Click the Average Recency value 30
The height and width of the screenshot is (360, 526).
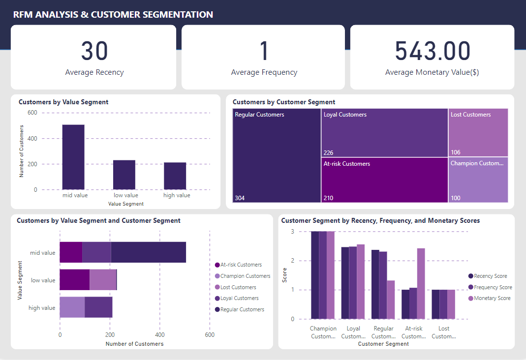click(x=94, y=51)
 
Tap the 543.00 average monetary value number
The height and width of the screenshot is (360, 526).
click(x=433, y=51)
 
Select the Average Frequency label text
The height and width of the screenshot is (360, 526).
click(x=264, y=72)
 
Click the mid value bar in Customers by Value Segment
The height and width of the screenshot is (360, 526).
click(x=73, y=157)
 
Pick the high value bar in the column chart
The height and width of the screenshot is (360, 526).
click(x=175, y=176)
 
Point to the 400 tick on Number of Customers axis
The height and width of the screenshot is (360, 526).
click(x=32, y=139)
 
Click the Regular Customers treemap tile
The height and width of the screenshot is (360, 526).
click(x=277, y=155)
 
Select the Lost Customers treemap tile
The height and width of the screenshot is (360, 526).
click(x=478, y=133)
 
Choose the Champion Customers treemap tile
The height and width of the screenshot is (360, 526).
click(x=478, y=180)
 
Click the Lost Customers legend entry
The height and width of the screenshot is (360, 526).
click(x=238, y=287)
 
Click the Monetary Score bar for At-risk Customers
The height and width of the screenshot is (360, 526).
click(x=421, y=284)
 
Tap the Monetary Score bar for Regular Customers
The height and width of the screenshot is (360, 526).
click(x=391, y=300)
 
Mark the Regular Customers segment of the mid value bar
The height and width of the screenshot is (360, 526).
click(x=148, y=252)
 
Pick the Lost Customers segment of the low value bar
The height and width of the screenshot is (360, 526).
click(x=102, y=280)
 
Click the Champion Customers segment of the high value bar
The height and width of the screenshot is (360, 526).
click(x=72, y=307)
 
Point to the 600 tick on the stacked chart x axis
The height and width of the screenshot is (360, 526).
click(x=210, y=335)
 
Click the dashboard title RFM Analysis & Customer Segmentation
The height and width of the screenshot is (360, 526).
click(x=113, y=15)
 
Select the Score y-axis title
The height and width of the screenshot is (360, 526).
click(x=284, y=275)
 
